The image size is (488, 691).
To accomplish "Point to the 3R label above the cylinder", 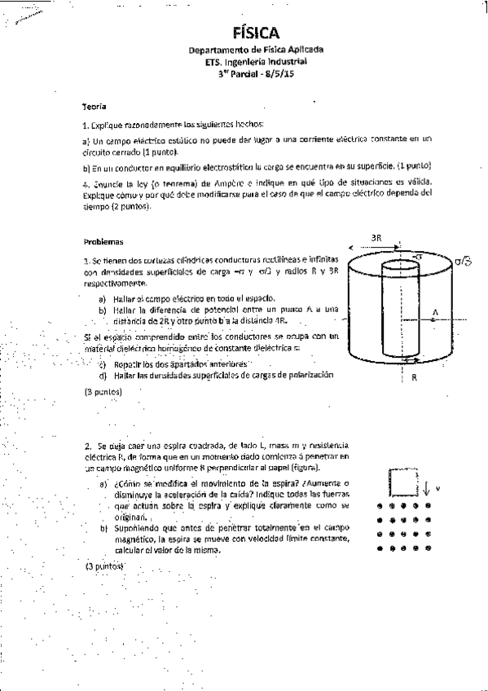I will tap(376, 237).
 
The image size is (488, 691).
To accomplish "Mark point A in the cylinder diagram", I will tap(435, 312).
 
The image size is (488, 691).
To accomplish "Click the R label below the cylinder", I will tap(415, 377).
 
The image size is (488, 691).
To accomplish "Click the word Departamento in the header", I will tap(213, 51).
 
